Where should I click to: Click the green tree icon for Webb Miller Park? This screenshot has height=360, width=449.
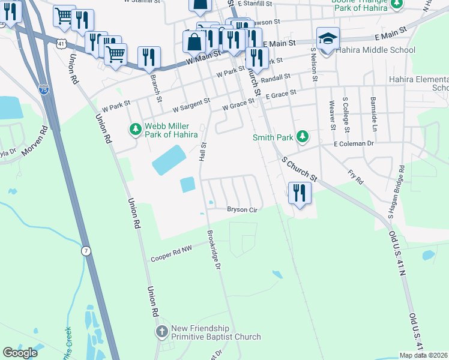[x=136, y=129]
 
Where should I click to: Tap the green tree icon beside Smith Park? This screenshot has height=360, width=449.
[x=303, y=137]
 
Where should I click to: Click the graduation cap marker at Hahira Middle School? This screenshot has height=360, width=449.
[x=328, y=40]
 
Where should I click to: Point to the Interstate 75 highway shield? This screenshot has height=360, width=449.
[x=43, y=89]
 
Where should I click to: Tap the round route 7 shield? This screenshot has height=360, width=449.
[x=86, y=251]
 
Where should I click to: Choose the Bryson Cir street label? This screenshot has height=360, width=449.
[x=242, y=209]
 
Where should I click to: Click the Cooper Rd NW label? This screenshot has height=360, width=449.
[x=171, y=256]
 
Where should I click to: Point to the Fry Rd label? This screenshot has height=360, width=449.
[x=355, y=176]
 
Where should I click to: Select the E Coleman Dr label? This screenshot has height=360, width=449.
[x=354, y=143]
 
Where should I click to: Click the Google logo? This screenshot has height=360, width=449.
[x=20, y=353]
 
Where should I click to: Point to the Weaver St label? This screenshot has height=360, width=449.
[x=332, y=114]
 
